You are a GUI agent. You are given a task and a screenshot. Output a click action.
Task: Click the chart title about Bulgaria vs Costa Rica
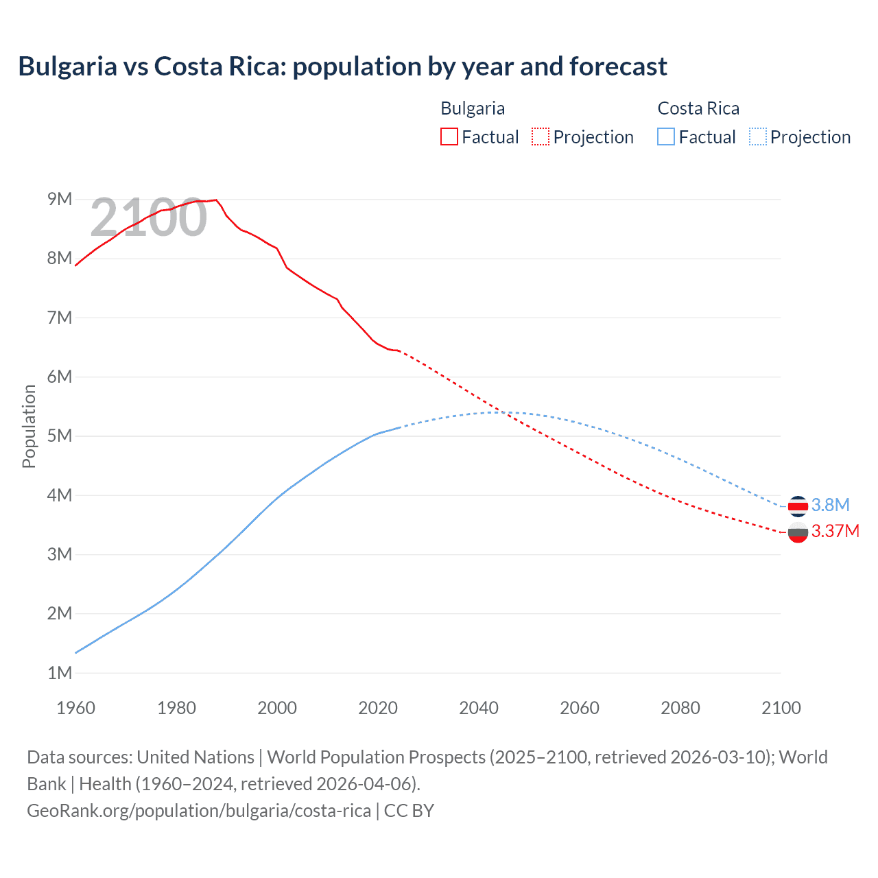click(342, 67)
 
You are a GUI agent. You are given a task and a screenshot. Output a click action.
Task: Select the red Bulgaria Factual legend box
click(449, 137)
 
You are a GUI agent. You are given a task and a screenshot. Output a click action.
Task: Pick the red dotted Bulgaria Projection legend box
click(541, 137)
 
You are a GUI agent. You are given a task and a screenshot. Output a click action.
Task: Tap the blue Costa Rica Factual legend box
click(666, 137)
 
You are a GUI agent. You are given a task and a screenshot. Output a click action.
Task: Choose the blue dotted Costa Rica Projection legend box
click(757, 137)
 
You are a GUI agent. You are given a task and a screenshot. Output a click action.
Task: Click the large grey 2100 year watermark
click(148, 217)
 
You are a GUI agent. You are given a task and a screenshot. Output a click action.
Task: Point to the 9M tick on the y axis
click(60, 199)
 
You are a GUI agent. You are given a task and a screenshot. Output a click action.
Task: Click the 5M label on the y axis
click(60, 436)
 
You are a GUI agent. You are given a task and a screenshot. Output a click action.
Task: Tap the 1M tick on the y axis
click(60, 673)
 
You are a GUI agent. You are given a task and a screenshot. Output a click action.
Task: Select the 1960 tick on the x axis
click(75, 708)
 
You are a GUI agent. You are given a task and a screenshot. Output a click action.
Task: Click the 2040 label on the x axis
click(479, 708)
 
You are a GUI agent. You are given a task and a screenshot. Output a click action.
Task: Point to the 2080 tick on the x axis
click(680, 708)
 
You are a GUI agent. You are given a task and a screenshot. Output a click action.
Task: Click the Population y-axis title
click(29, 426)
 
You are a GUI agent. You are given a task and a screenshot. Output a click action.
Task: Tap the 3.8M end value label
click(830, 505)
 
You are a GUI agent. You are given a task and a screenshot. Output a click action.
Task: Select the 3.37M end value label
click(835, 531)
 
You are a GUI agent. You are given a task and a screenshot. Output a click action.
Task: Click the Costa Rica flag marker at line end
click(798, 506)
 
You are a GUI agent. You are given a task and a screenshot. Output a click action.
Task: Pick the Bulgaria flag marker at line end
click(798, 532)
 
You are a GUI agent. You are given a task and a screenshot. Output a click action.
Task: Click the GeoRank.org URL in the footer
click(199, 810)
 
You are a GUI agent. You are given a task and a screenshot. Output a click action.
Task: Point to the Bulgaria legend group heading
click(473, 108)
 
